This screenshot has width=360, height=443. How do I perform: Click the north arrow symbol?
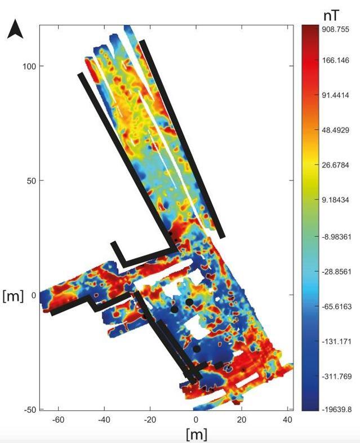15,30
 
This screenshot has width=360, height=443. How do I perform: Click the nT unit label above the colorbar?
331,16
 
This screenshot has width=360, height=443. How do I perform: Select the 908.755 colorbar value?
335,29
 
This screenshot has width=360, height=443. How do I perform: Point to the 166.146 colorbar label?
335,60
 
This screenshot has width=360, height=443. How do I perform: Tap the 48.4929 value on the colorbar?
335,130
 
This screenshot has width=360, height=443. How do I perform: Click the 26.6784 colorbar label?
335,165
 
